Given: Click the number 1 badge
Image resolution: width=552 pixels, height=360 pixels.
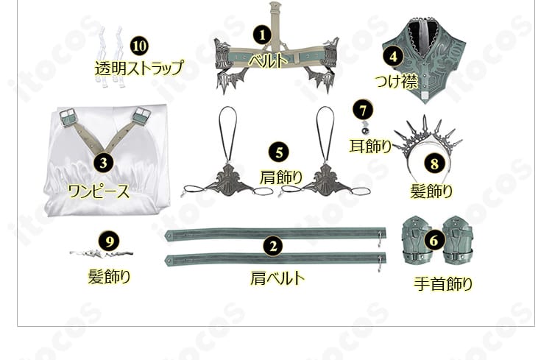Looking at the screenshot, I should coord(261,34).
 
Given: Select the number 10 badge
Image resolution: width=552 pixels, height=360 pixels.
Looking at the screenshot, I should coord(138,45).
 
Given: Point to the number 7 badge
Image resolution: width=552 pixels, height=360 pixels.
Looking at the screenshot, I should coord(361,110).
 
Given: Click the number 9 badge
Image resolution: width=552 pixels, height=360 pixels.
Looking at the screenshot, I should coord(109,240).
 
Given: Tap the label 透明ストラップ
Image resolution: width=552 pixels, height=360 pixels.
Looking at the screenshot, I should coord(138,68).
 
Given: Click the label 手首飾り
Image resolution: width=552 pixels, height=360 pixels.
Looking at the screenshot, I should coord(442,283).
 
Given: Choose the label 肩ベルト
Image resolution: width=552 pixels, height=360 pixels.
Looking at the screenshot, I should coord(277,278).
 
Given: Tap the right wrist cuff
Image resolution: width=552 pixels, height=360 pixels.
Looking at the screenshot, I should coord(458,239).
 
